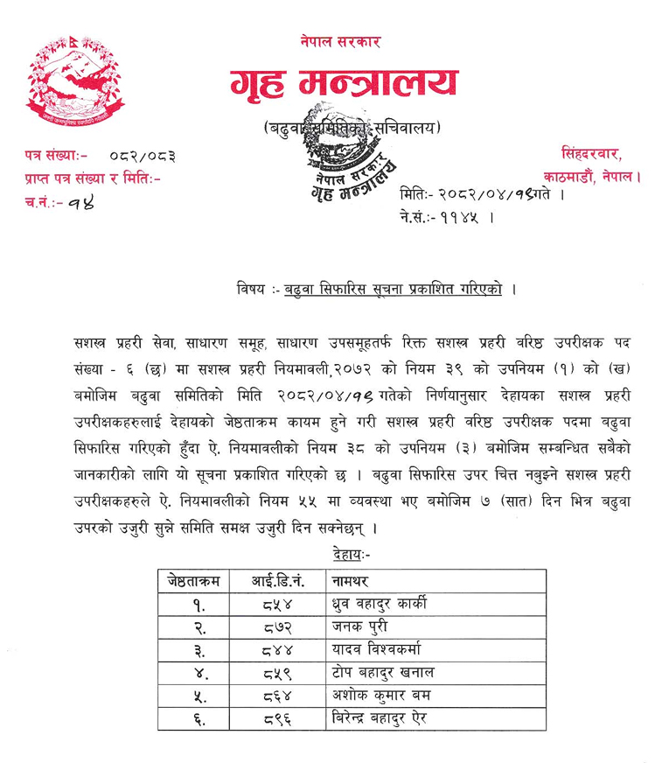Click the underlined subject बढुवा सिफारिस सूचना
pyautogui.click(x=393, y=290)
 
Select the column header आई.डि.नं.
pyautogui.click(x=276, y=579)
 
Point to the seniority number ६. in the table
pyautogui.click(x=193, y=717)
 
